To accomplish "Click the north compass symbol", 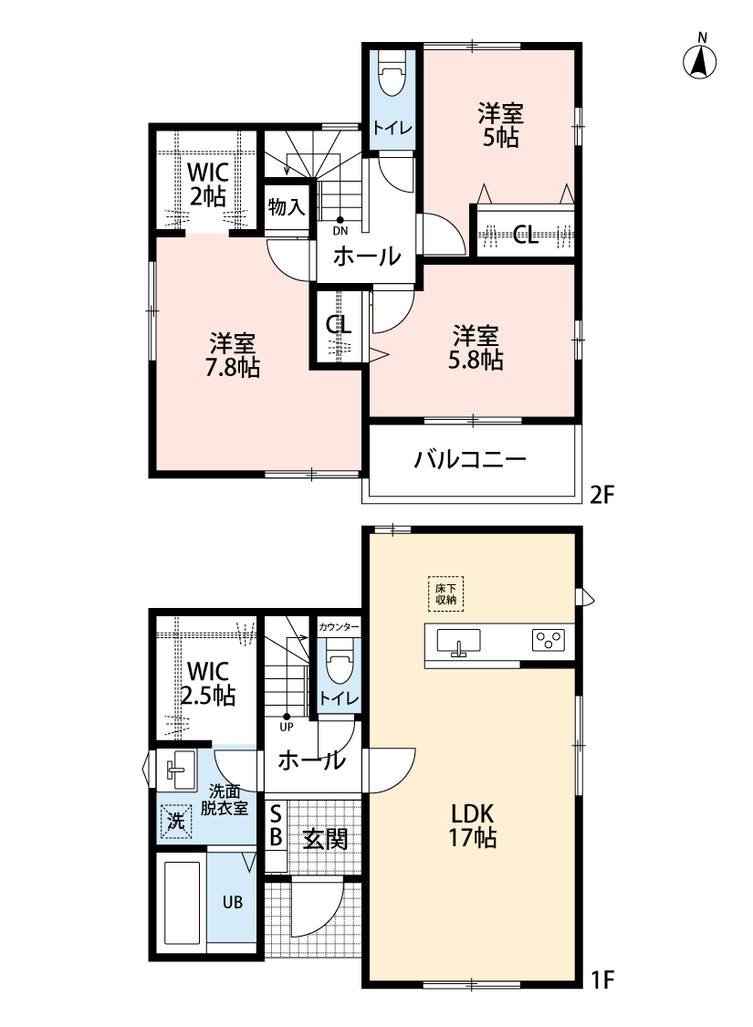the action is point(699,58).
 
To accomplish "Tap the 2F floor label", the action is point(603,495).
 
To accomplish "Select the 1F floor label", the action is point(602,980).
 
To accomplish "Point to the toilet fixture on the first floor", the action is point(339,662).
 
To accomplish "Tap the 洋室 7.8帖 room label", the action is point(233,355).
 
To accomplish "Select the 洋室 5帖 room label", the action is point(500,125).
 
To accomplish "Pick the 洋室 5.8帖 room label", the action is point(476,348).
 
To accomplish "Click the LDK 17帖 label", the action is point(472,825).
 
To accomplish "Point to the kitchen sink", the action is point(458,642).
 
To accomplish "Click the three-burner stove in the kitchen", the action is point(548,639).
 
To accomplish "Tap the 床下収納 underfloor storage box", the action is point(446,593).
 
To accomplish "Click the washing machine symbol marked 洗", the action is point(176,821).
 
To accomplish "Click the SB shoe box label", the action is point(276,826).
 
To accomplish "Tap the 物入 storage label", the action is point(287,207).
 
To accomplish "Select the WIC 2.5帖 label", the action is point(207,683).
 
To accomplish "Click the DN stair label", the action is point(340,231).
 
